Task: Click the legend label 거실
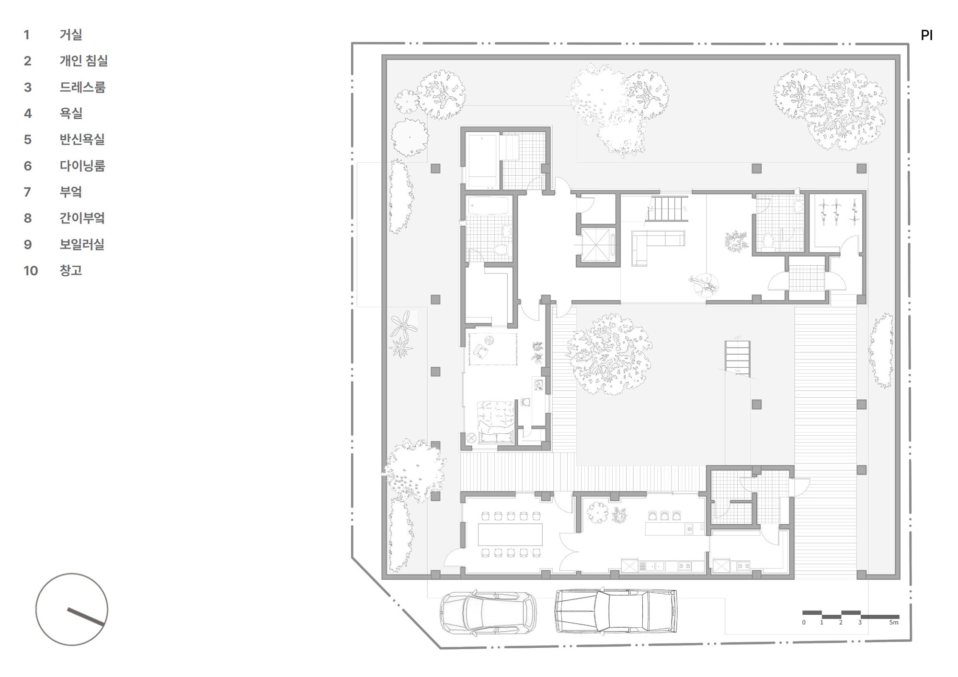pyautogui.click(x=71, y=34)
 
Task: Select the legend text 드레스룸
pyautogui.click(x=82, y=87)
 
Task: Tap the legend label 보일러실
pyautogui.click(x=82, y=244)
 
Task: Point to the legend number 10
pyautogui.click(x=31, y=271)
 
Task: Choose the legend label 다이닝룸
pyautogui.click(x=82, y=166)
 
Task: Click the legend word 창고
pyautogui.click(x=71, y=271)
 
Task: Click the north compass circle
pyautogui.click(x=72, y=609)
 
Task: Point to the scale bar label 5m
pyautogui.click(x=894, y=622)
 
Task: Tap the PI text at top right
pyautogui.click(x=926, y=35)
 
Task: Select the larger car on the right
pyautogui.click(x=616, y=611)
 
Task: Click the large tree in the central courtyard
pyautogui.click(x=607, y=353)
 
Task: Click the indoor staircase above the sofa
pyautogui.click(x=667, y=209)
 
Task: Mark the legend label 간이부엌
pyautogui.click(x=82, y=218)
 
